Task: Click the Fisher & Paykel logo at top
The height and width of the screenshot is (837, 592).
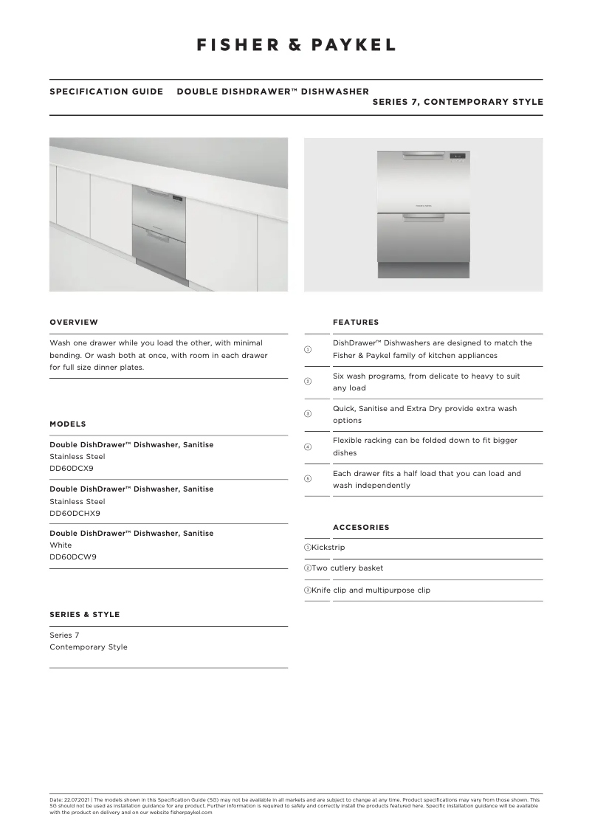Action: point(296,45)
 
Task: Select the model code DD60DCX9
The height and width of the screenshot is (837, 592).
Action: point(72,469)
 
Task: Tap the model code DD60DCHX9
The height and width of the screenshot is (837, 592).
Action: point(75,513)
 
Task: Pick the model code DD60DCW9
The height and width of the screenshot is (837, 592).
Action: point(72,557)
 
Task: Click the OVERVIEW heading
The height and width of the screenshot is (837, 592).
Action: point(74,323)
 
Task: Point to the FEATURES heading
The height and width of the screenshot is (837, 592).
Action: point(356,323)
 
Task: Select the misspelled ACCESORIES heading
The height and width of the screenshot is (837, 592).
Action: point(361,528)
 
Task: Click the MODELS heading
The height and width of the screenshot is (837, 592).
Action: point(68,424)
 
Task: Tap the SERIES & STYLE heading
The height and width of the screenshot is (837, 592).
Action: point(84,615)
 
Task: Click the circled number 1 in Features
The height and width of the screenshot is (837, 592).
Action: point(308,349)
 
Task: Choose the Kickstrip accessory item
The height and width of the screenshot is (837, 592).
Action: point(328,548)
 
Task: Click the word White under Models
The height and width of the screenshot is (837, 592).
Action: point(61,545)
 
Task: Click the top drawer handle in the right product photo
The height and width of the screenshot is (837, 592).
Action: point(423,156)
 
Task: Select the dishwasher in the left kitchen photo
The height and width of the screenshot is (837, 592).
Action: point(159,234)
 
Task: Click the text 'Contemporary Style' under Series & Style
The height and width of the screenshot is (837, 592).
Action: point(89,647)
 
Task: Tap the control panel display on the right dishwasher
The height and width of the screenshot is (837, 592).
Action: point(458,156)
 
